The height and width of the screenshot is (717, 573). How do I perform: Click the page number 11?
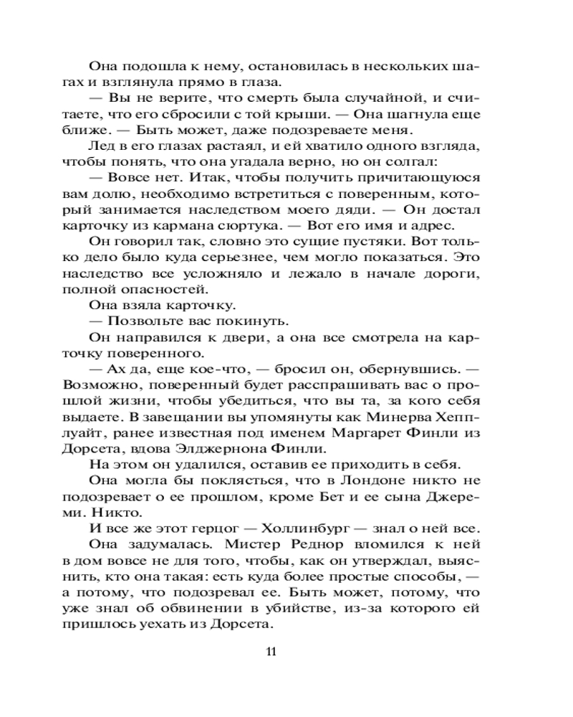pos(271,652)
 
